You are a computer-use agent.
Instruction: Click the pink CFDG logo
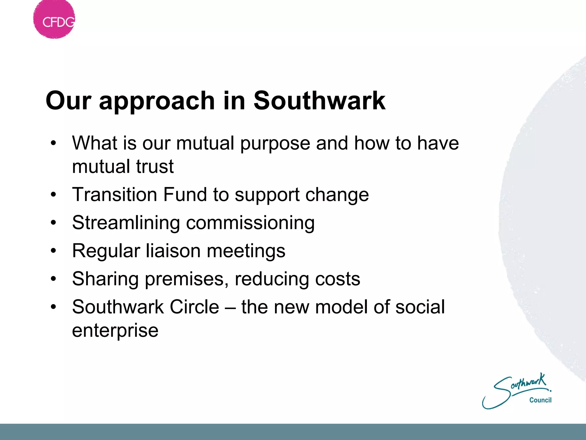pyautogui.click(x=54, y=19)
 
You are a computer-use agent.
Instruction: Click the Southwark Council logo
pyautogui.click(x=517, y=391)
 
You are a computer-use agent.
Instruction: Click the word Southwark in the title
pyautogui.click(x=319, y=101)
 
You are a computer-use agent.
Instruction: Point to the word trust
pyautogui.click(x=155, y=166)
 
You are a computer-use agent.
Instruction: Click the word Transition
pyautogui.click(x=115, y=195)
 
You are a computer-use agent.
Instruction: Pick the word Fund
pyautogui.click(x=185, y=195)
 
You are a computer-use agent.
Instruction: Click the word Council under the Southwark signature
pyautogui.click(x=540, y=400)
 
